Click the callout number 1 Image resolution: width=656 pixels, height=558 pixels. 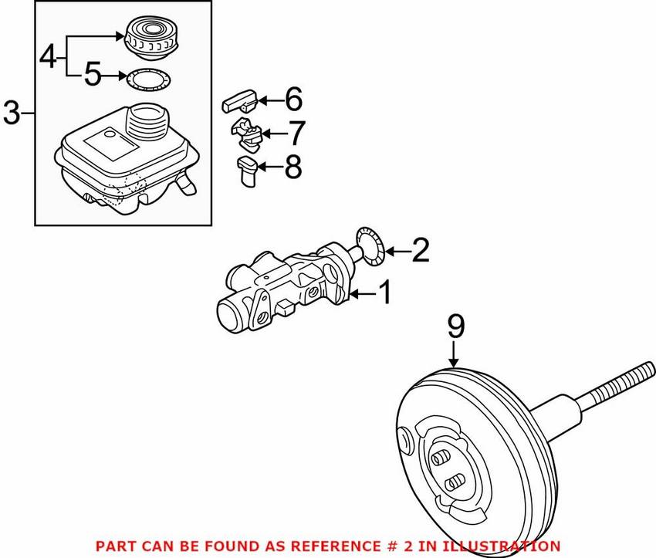(x=384, y=293)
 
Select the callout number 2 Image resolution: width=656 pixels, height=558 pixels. (x=419, y=250)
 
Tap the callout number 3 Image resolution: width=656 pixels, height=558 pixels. (x=11, y=113)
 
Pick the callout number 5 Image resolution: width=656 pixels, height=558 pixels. (x=93, y=76)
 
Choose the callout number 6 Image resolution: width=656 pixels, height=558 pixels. (x=293, y=100)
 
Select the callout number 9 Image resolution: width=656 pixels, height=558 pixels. (x=455, y=326)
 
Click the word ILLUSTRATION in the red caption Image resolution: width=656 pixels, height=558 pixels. (x=503, y=546)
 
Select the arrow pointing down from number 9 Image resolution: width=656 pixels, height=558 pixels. (x=455, y=353)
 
